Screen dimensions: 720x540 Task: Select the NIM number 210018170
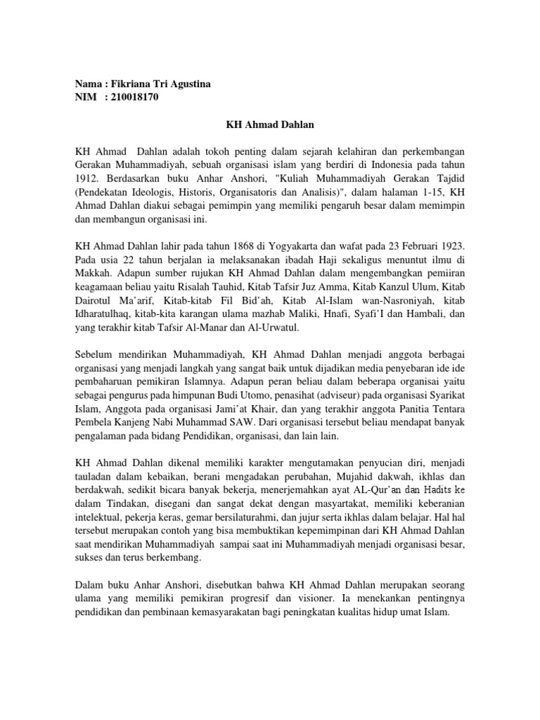pyautogui.click(x=135, y=97)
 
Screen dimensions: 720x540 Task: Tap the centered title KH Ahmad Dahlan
pyautogui.click(x=270, y=124)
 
